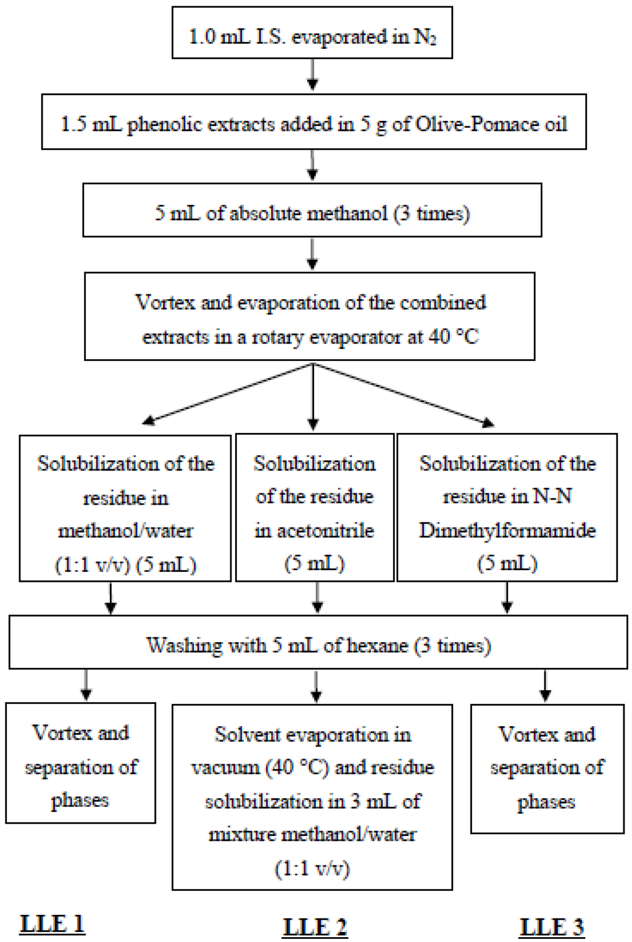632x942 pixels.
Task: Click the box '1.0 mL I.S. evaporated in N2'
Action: click(312, 33)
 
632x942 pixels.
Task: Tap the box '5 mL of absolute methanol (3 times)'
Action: click(312, 210)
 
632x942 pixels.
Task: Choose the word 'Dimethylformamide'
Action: click(507, 531)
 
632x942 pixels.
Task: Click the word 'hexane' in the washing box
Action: click(378, 645)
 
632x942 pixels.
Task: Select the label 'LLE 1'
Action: click(52, 923)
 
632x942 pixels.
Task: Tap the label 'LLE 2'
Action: click(315, 927)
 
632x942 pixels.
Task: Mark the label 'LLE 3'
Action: click(552, 927)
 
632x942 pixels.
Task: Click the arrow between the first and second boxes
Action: click(313, 76)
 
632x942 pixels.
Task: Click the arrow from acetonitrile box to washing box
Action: click(317, 597)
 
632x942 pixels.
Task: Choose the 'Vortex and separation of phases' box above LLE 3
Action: click(547, 768)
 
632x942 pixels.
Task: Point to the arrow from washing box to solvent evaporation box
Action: click(316, 687)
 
